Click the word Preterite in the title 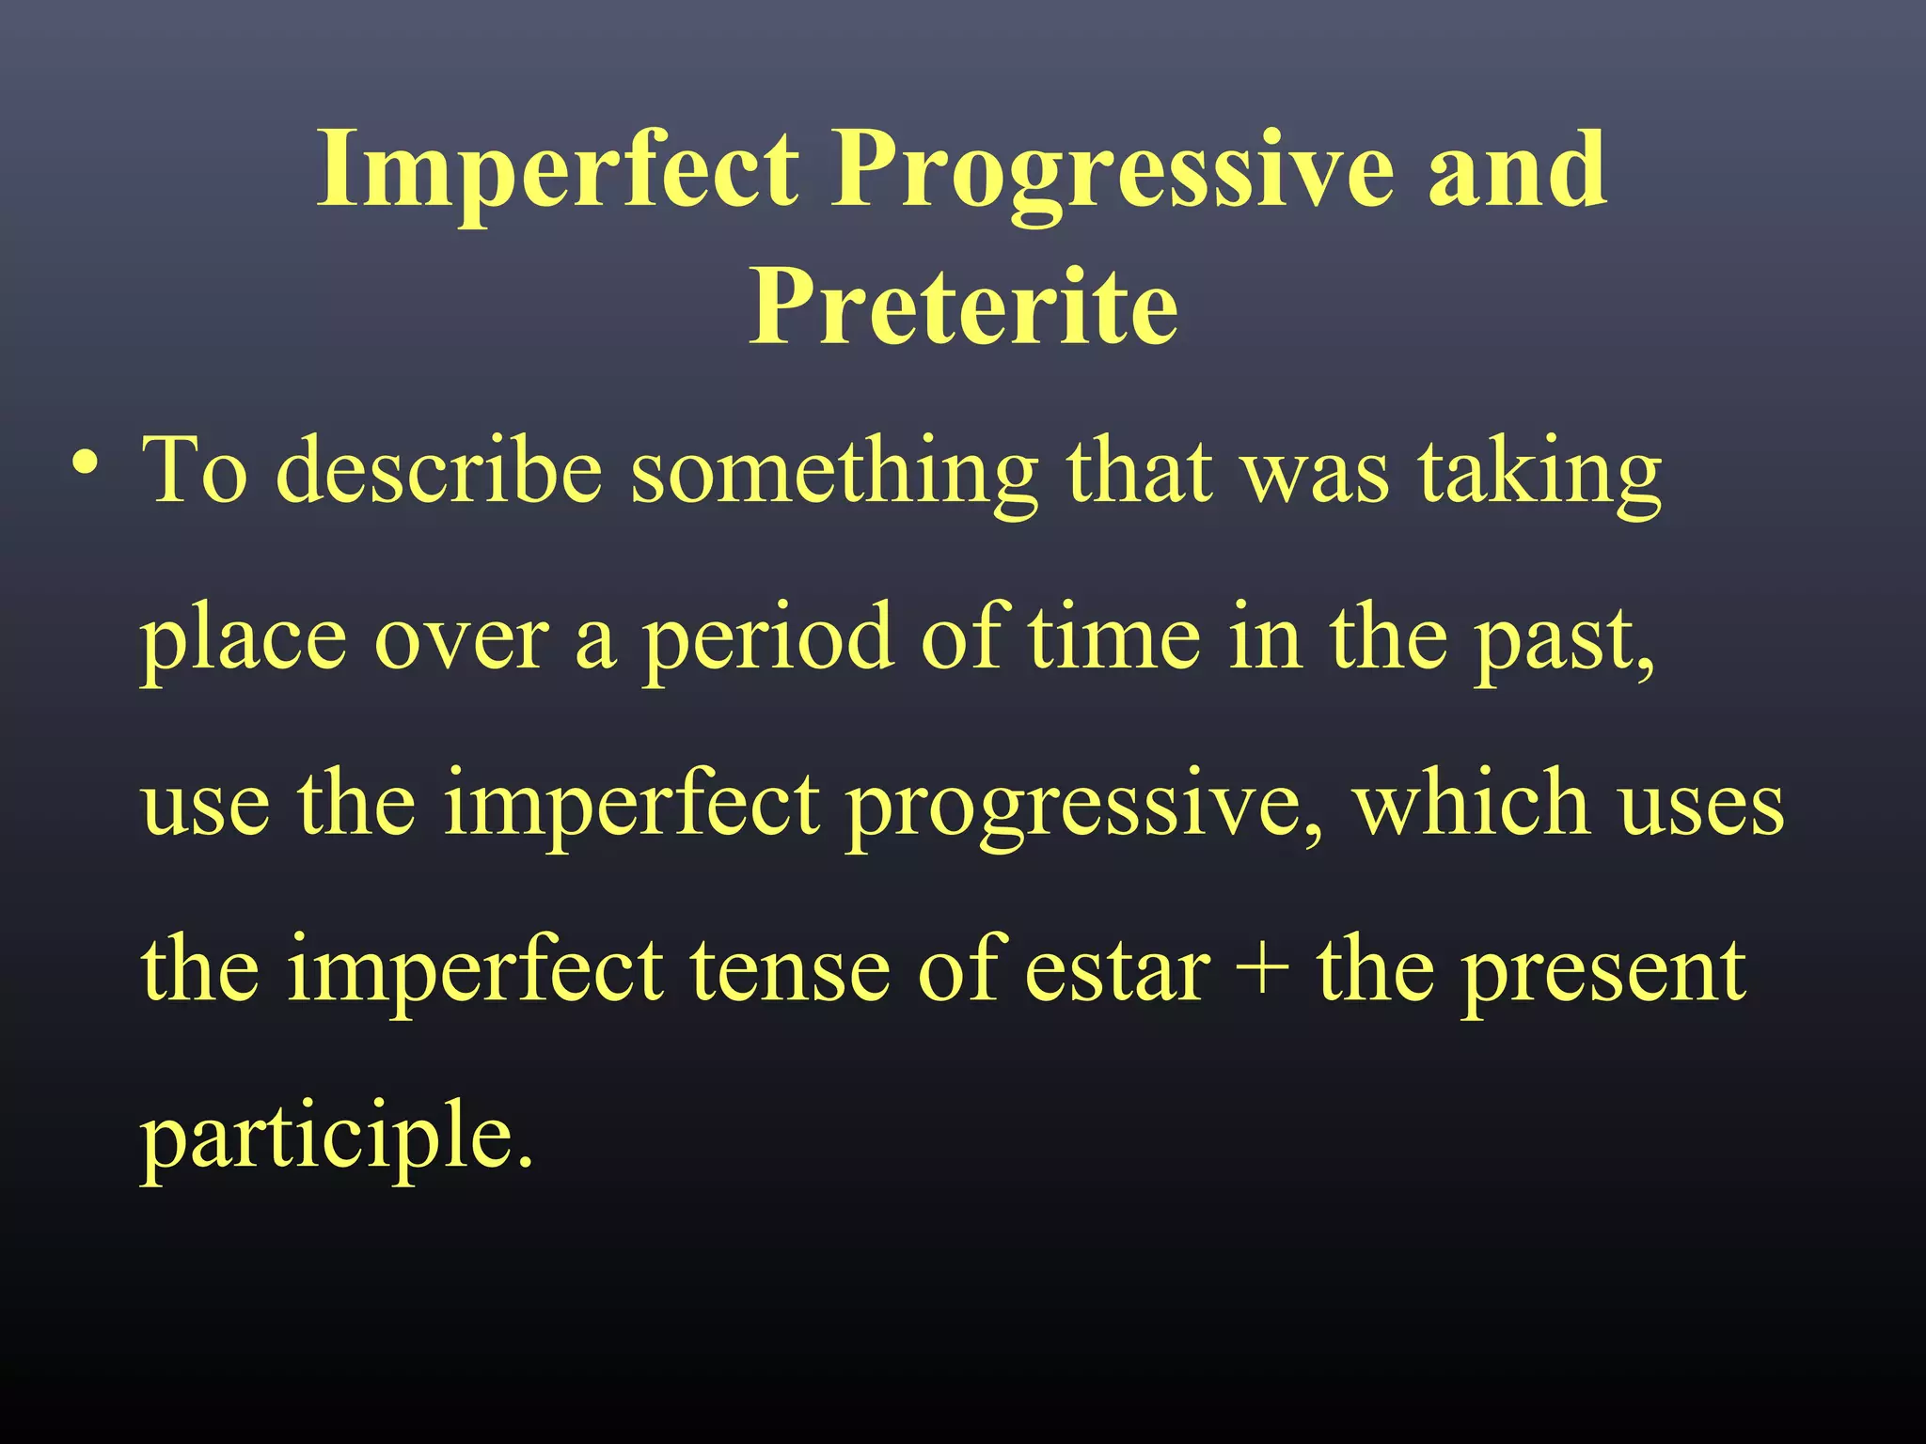963,307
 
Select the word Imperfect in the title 559,171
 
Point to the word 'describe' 439,472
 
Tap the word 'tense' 790,972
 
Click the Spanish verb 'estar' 1116,972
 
